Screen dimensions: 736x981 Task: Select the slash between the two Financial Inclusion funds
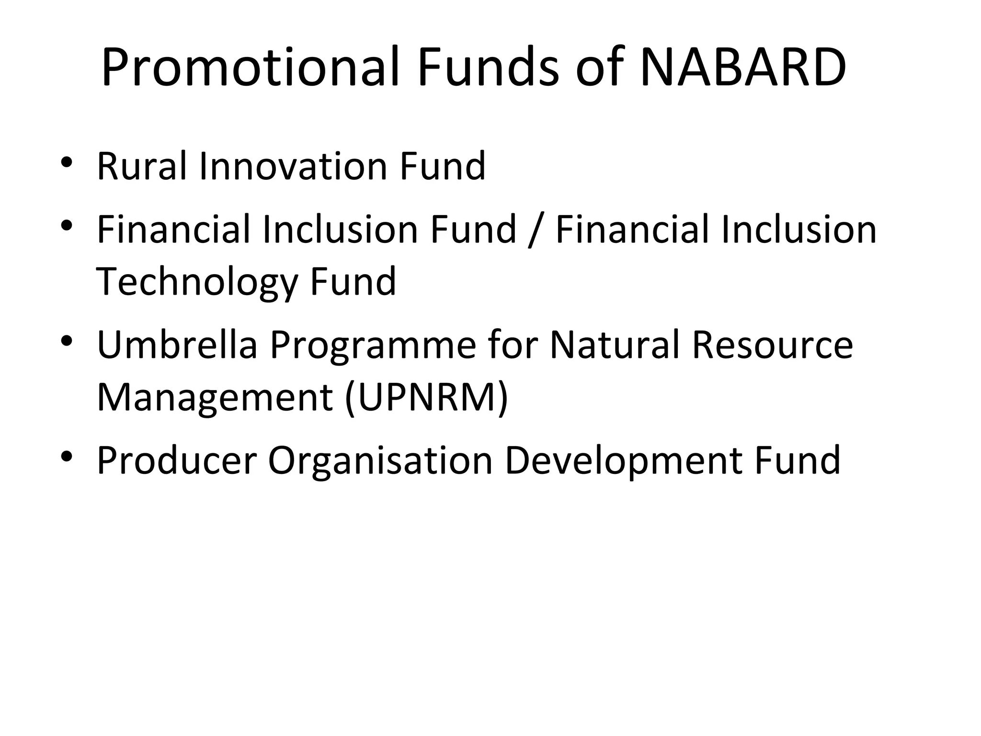click(536, 230)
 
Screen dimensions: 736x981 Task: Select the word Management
click(215, 398)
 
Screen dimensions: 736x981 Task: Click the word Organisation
click(380, 461)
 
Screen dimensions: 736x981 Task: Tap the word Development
click(624, 461)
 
